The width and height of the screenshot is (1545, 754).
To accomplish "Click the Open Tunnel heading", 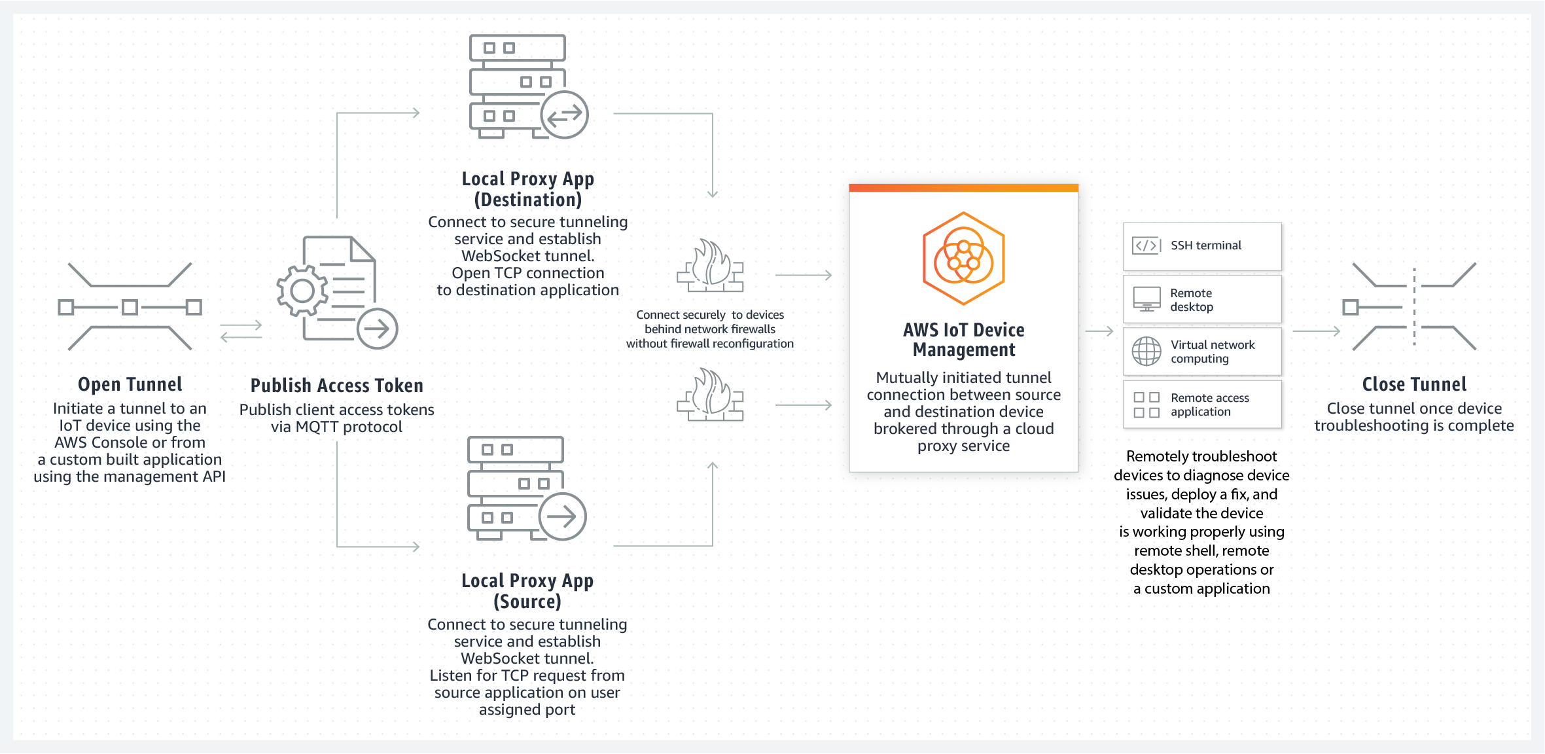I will pyautogui.click(x=130, y=384).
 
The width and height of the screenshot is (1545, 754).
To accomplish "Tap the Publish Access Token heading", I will pyautogui.click(x=336, y=386).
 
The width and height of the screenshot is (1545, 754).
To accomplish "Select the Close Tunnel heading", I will pyautogui.click(x=1414, y=384).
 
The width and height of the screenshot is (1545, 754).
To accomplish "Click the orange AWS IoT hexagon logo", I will pyautogui.click(x=963, y=259).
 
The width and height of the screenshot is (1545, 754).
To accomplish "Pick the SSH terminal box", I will pyautogui.click(x=1202, y=246).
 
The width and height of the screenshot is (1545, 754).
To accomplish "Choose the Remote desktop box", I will pyautogui.click(x=1202, y=299).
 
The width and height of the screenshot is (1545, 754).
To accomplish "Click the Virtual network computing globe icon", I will pyautogui.click(x=1146, y=351).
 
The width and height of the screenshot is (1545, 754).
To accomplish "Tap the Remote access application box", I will pyautogui.click(x=1202, y=404).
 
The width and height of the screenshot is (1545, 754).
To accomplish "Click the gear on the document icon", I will pyautogui.click(x=302, y=291).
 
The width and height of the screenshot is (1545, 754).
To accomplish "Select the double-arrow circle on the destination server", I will pyautogui.click(x=564, y=115).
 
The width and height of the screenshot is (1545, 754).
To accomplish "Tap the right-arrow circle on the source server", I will pyautogui.click(x=562, y=516).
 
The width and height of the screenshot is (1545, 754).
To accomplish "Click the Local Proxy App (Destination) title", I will pyautogui.click(x=527, y=189).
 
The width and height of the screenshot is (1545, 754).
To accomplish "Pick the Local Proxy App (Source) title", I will pyautogui.click(x=527, y=591).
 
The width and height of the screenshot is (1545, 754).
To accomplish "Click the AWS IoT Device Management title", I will pyautogui.click(x=963, y=340).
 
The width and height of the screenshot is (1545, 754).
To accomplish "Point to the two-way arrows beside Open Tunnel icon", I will pyautogui.click(x=241, y=331).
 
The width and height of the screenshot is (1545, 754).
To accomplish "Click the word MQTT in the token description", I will pyautogui.click(x=317, y=427).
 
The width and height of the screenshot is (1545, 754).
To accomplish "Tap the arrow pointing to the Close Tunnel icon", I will pyautogui.click(x=1317, y=331).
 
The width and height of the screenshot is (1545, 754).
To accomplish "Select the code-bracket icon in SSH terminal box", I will pyautogui.click(x=1146, y=246).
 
